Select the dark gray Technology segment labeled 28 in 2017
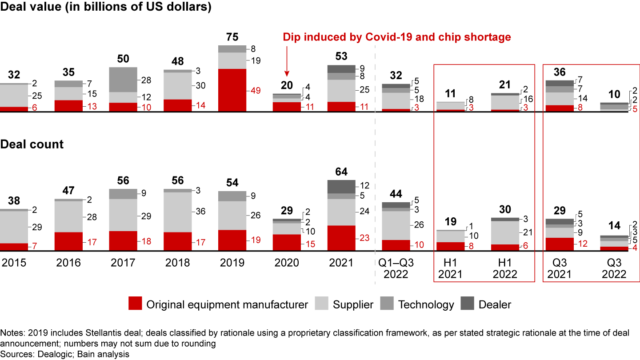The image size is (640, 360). pos(123,80)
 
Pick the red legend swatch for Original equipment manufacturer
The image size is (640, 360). pos(135,304)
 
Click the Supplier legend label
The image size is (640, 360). pos(353,304)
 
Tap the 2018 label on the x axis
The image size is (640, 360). pos(178,263)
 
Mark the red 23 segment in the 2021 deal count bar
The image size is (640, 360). pos(341,238)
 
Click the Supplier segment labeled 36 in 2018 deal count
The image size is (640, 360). pos(178,212)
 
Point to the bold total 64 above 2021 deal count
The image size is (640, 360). pos(341,172)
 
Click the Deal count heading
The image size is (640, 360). pos(32,144)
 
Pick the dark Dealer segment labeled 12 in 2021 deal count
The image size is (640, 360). pos(341,187)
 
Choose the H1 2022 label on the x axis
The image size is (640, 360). pos(504,268)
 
